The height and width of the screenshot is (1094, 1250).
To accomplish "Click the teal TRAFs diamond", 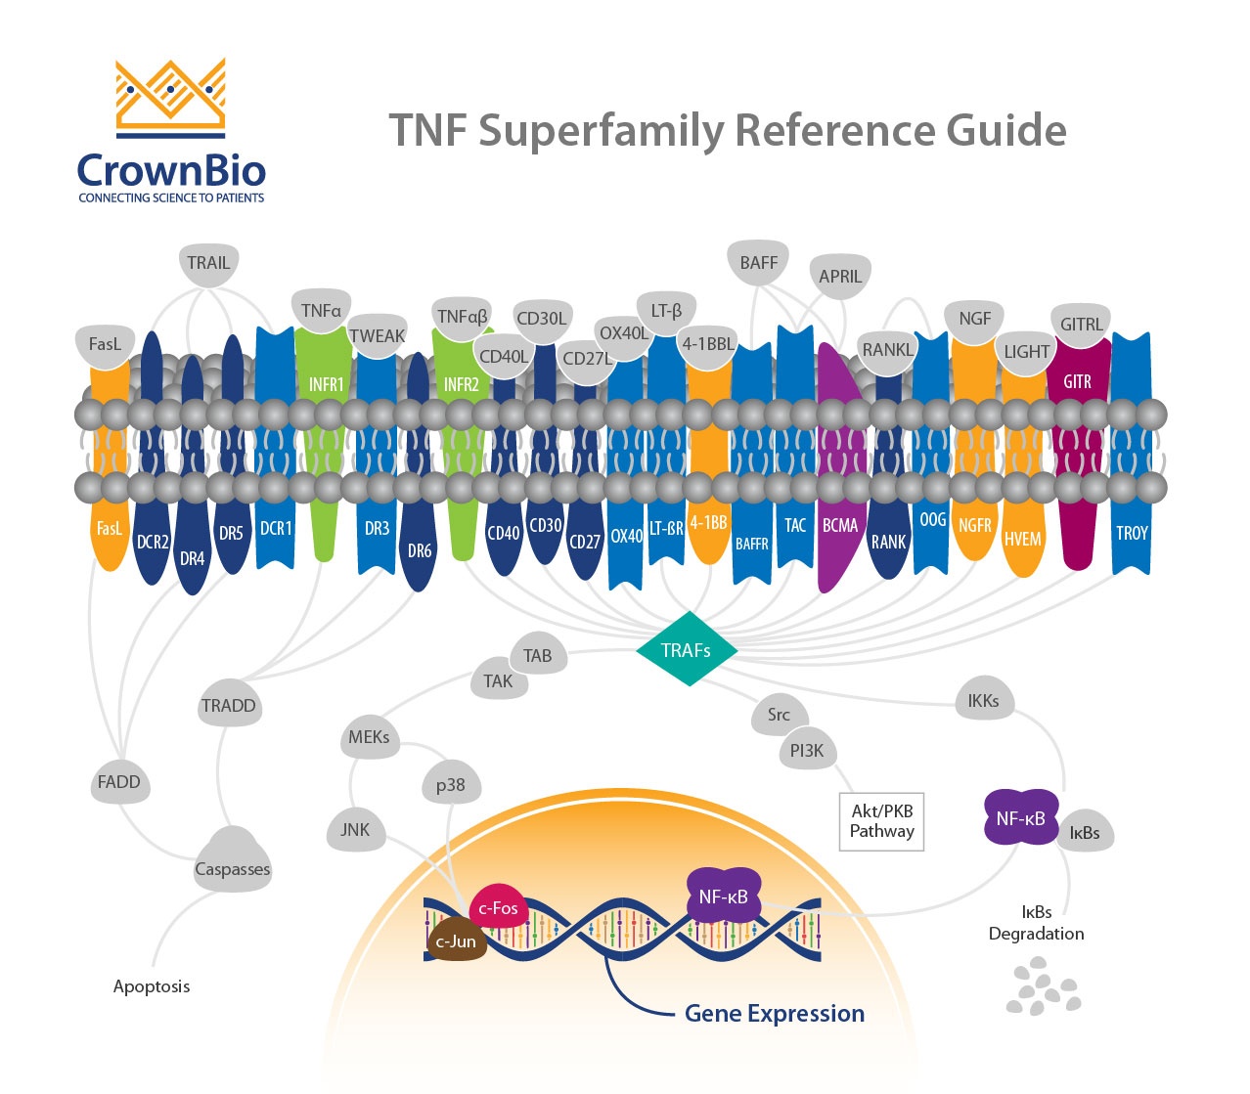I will [687, 649].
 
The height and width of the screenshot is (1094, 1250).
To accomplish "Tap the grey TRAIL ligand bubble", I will [208, 264].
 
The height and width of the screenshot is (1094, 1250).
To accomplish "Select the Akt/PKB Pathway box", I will [881, 821].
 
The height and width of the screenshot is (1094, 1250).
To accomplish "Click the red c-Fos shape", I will [499, 908].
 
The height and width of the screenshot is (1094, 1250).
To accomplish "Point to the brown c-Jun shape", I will [456, 941].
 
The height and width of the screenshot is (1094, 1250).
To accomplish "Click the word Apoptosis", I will [152, 986].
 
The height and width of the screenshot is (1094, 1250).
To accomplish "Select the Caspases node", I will [232, 865].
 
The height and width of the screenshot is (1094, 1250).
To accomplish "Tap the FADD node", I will [119, 782].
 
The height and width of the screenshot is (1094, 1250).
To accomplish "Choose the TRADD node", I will [229, 706].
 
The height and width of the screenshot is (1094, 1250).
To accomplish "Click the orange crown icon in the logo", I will [171, 96].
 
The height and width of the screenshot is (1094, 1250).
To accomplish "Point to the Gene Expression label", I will [775, 1014].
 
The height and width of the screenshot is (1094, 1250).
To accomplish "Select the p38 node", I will [451, 785].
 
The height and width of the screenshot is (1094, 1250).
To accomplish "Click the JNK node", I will [355, 830].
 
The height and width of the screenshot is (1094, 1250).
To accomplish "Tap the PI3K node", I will [807, 751].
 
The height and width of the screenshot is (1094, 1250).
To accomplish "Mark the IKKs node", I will [983, 701].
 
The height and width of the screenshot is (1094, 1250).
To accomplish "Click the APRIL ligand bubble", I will [840, 277].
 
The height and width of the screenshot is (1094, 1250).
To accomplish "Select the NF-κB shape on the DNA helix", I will [724, 897].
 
